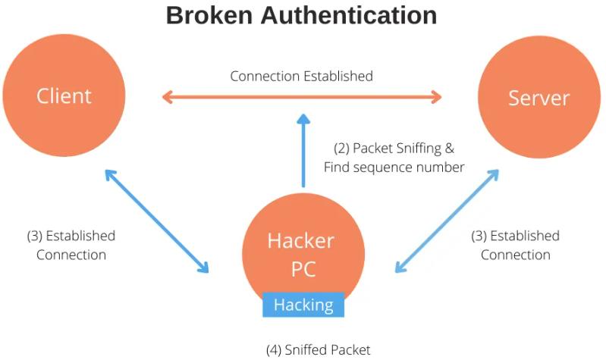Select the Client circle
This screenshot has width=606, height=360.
point(64,96)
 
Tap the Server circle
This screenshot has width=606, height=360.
point(538,98)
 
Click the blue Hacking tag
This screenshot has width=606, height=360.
point(303,305)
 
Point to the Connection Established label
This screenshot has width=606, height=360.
point(301,76)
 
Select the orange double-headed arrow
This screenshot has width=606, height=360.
point(302,96)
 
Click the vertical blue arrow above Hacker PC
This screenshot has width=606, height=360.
point(303,152)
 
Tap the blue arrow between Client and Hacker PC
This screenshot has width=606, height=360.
point(156,221)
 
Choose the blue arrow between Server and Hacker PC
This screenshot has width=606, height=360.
point(447,221)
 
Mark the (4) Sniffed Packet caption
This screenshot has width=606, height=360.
point(318,349)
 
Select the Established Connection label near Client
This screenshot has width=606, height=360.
point(71,245)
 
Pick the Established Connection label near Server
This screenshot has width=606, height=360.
point(515,245)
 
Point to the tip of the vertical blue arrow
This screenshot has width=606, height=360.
point(303,118)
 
